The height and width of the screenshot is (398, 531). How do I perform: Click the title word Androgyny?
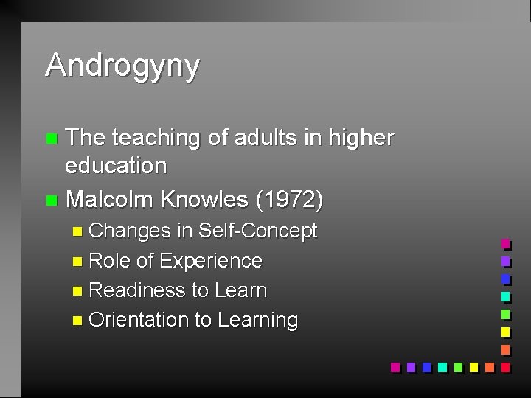pyautogui.click(x=122, y=66)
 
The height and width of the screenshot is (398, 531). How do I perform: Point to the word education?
pyautogui.click(x=116, y=165)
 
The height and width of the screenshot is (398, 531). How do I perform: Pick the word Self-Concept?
pyautogui.click(x=257, y=231)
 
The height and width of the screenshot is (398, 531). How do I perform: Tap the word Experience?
pyautogui.click(x=210, y=261)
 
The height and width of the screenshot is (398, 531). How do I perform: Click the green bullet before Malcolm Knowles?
pyautogui.click(x=50, y=200)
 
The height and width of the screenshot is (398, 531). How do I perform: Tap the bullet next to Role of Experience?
pyautogui.click(x=78, y=262)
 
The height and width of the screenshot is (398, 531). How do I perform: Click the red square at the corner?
pyautogui.click(x=505, y=366)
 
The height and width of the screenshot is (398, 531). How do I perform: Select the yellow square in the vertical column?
pyautogui.click(x=505, y=332)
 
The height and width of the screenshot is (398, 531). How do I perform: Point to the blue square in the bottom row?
pyautogui.click(x=426, y=366)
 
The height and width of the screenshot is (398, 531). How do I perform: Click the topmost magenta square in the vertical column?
pyautogui.click(x=505, y=244)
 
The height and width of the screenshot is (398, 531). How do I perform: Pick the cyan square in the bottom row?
pyautogui.click(x=442, y=366)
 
